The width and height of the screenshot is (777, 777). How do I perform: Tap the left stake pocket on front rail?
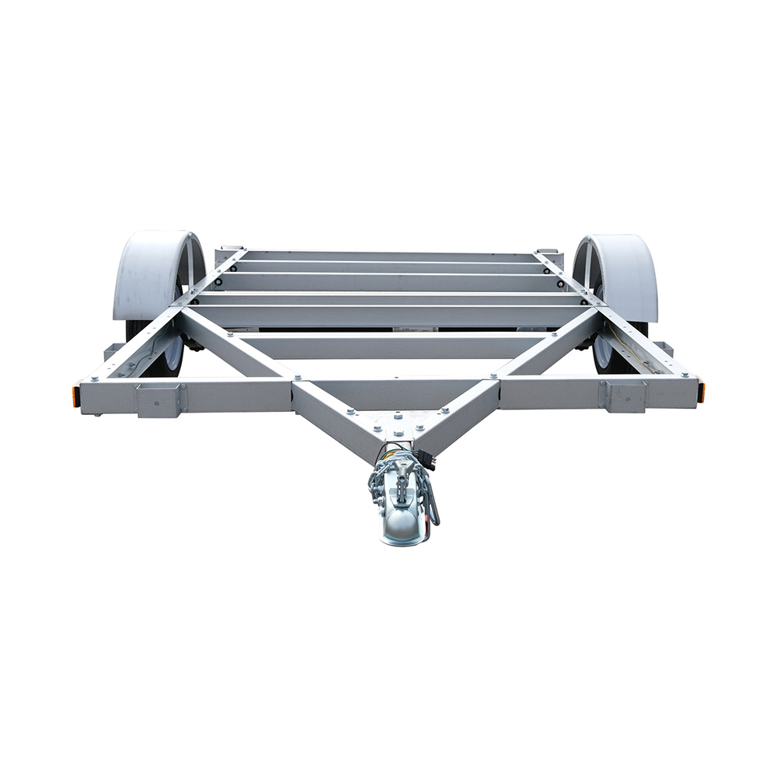pos(159,398)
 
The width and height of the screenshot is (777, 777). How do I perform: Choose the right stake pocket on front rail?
pos(622,395)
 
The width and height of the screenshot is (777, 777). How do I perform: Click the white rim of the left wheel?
pos(172,354)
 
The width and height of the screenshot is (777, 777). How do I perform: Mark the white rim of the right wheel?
pos(603,354)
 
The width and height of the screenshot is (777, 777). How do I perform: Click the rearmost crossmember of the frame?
pos(388,256)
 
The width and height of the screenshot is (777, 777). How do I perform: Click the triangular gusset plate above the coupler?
pos(399,423)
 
